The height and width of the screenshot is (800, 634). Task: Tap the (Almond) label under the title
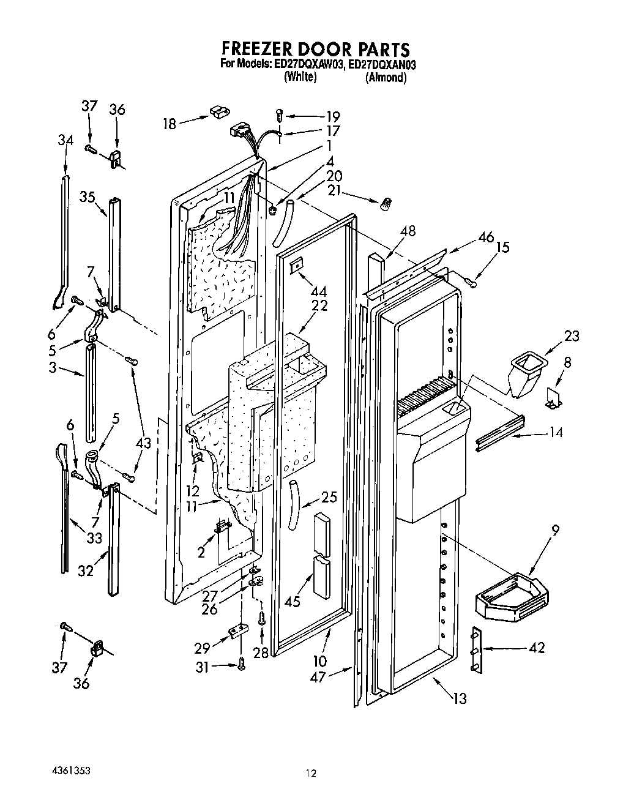[x=386, y=78]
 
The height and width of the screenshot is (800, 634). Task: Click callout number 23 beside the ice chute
[x=572, y=335]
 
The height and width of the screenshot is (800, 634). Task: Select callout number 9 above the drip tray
[x=555, y=531]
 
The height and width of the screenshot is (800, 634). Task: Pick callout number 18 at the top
[x=169, y=124]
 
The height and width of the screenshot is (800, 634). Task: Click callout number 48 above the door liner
[x=408, y=231]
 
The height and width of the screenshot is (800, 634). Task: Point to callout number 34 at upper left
[x=65, y=140]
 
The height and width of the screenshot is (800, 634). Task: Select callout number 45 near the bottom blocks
[x=292, y=602]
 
